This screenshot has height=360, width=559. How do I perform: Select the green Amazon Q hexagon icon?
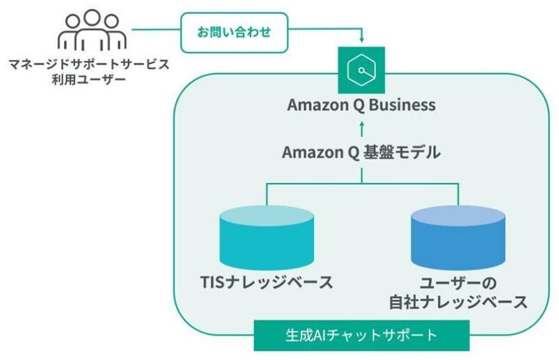pos(361,70)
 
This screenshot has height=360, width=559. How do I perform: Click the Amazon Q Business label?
pos(361,105)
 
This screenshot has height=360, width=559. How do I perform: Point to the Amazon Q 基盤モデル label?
pos(361,152)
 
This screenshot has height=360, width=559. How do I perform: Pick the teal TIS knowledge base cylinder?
pos(266,236)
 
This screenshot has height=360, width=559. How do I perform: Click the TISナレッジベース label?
pos(265,283)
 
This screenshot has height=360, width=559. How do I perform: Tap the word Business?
pos(403,105)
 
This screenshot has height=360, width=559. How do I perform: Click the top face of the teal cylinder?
pos(266,215)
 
